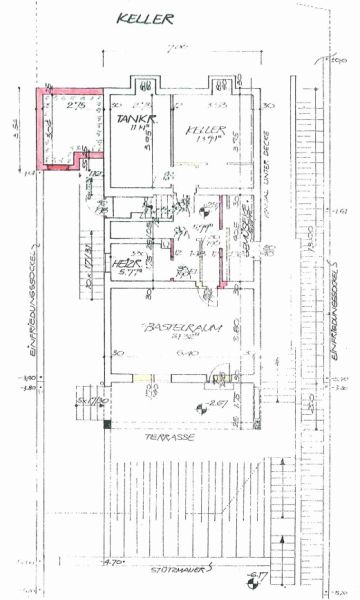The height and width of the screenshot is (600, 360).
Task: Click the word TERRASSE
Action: [x=164, y=438]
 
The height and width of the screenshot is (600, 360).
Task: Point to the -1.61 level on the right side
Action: [x=341, y=212]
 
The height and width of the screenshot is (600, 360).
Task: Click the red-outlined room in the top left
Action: [x=65, y=125]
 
